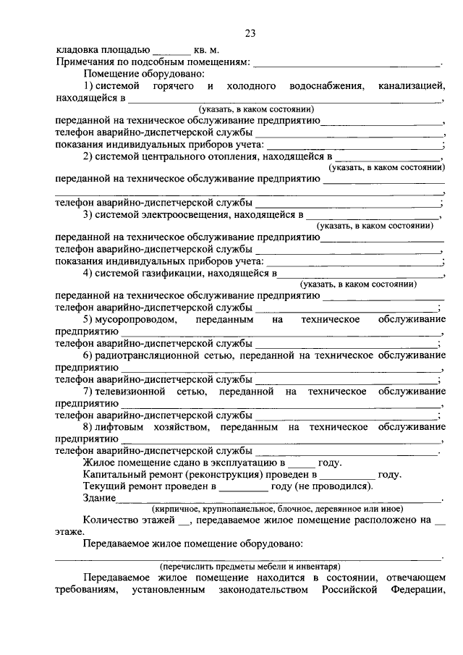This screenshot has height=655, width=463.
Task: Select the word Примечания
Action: coord(85,63)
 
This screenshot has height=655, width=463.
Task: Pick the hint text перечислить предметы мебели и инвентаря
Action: coord(250,566)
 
